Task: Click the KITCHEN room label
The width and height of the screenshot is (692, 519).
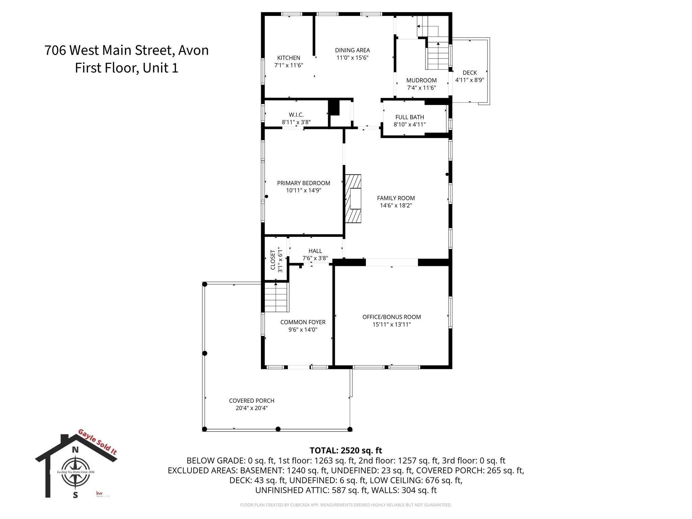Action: coord(289,58)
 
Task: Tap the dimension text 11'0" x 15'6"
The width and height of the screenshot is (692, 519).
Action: coord(352,58)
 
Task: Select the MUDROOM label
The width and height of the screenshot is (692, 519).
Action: coord(421,80)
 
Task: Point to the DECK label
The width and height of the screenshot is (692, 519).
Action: coord(470,73)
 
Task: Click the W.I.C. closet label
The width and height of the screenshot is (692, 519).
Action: coord(296,115)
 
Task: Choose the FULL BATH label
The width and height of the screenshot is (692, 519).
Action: coord(410,117)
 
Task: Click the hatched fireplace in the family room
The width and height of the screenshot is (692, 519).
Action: coord(353,199)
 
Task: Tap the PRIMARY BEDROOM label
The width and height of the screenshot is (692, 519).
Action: coord(303,183)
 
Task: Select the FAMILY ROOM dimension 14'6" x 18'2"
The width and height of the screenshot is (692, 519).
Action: coord(396,205)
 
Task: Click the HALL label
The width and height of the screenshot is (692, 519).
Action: coord(315,251)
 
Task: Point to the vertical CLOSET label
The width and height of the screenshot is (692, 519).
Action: coord(273,260)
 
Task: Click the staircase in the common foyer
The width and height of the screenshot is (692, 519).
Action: coord(276,298)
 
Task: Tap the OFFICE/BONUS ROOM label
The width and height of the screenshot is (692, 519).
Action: coord(392,317)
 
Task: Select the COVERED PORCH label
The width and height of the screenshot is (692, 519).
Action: coord(251,401)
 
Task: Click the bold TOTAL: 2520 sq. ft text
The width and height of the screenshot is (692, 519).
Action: coord(346,450)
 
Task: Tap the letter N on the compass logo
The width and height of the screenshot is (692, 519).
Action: coord(75,450)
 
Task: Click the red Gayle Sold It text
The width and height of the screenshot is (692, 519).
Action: coord(98,442)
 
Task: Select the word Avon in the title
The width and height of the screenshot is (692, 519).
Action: coord(193,50)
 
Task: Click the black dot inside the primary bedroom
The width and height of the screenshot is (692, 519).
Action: coord(266,196)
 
